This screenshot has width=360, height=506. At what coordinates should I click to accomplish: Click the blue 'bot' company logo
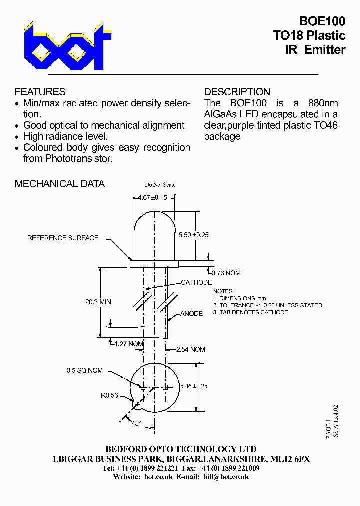click(67, 46)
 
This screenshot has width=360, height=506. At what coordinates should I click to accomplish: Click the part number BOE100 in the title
click(322, 21)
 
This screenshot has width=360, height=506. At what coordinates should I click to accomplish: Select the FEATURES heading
click(40, 92)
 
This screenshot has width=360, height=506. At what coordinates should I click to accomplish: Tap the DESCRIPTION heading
click(237, 92)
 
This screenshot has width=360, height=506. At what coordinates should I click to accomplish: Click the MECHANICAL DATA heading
click(59, 184)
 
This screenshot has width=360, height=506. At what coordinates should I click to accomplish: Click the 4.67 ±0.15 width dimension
click(153, 197)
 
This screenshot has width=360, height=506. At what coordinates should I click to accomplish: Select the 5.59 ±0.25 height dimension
click(193, 234)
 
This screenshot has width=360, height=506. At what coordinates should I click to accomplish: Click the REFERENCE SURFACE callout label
click(63, 238)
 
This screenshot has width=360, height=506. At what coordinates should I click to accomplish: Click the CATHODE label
click(196, 283)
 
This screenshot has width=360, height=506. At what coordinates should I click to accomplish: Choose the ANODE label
click(191, 314)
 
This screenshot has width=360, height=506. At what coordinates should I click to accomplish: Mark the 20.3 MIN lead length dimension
click(98, 302)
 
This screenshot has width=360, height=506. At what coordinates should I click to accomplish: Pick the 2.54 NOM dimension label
click(190, 349)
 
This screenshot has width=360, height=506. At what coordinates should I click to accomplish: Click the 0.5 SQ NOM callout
click(84, 370)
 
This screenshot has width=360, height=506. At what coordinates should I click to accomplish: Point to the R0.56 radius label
click(109, 395)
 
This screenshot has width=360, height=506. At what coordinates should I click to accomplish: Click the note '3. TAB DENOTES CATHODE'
click(250, 312)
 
